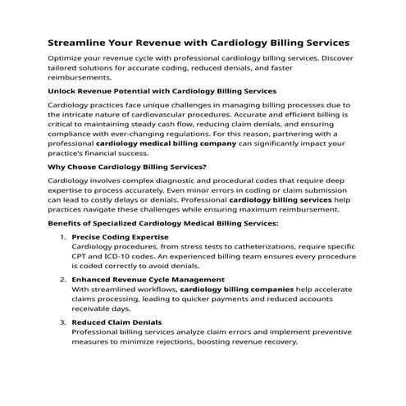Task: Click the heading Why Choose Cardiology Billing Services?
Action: [x=127, y=167]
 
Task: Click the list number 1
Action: [x=63, y=237]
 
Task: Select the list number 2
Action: [x=63, y=280]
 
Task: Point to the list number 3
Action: [x=63, y=322]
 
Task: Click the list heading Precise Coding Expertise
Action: [x=120, y=237]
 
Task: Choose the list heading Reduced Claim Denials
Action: [x=116, y=322]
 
